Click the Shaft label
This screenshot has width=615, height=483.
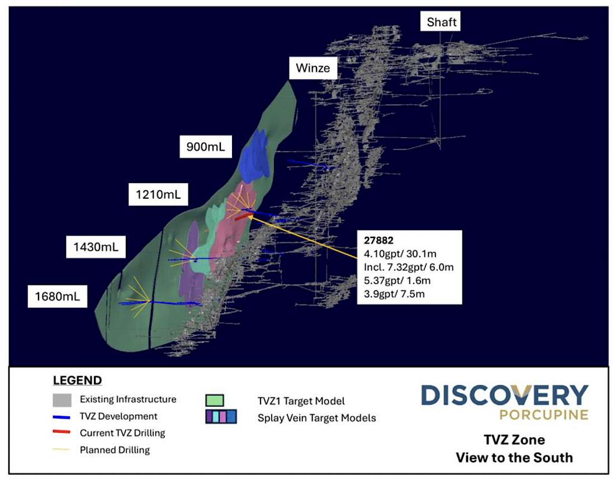coord(442,22)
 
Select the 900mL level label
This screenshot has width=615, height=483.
coord(205,148)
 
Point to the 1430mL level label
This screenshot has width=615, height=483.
coord(96,246)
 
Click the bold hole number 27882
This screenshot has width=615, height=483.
coord(379,241)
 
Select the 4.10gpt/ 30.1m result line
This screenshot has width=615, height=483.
coord(400,254)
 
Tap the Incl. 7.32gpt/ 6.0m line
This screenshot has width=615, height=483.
coord(408,267)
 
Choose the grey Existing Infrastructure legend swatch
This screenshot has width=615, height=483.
coord(61,400)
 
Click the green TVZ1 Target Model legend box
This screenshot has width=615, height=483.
coord(215,400)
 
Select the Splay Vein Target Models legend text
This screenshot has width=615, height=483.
coord(316,418)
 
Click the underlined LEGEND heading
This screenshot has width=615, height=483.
coord(77,381)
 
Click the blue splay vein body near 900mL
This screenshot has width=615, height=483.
coord(256,157)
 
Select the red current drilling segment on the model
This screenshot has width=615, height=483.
coord(242,217)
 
